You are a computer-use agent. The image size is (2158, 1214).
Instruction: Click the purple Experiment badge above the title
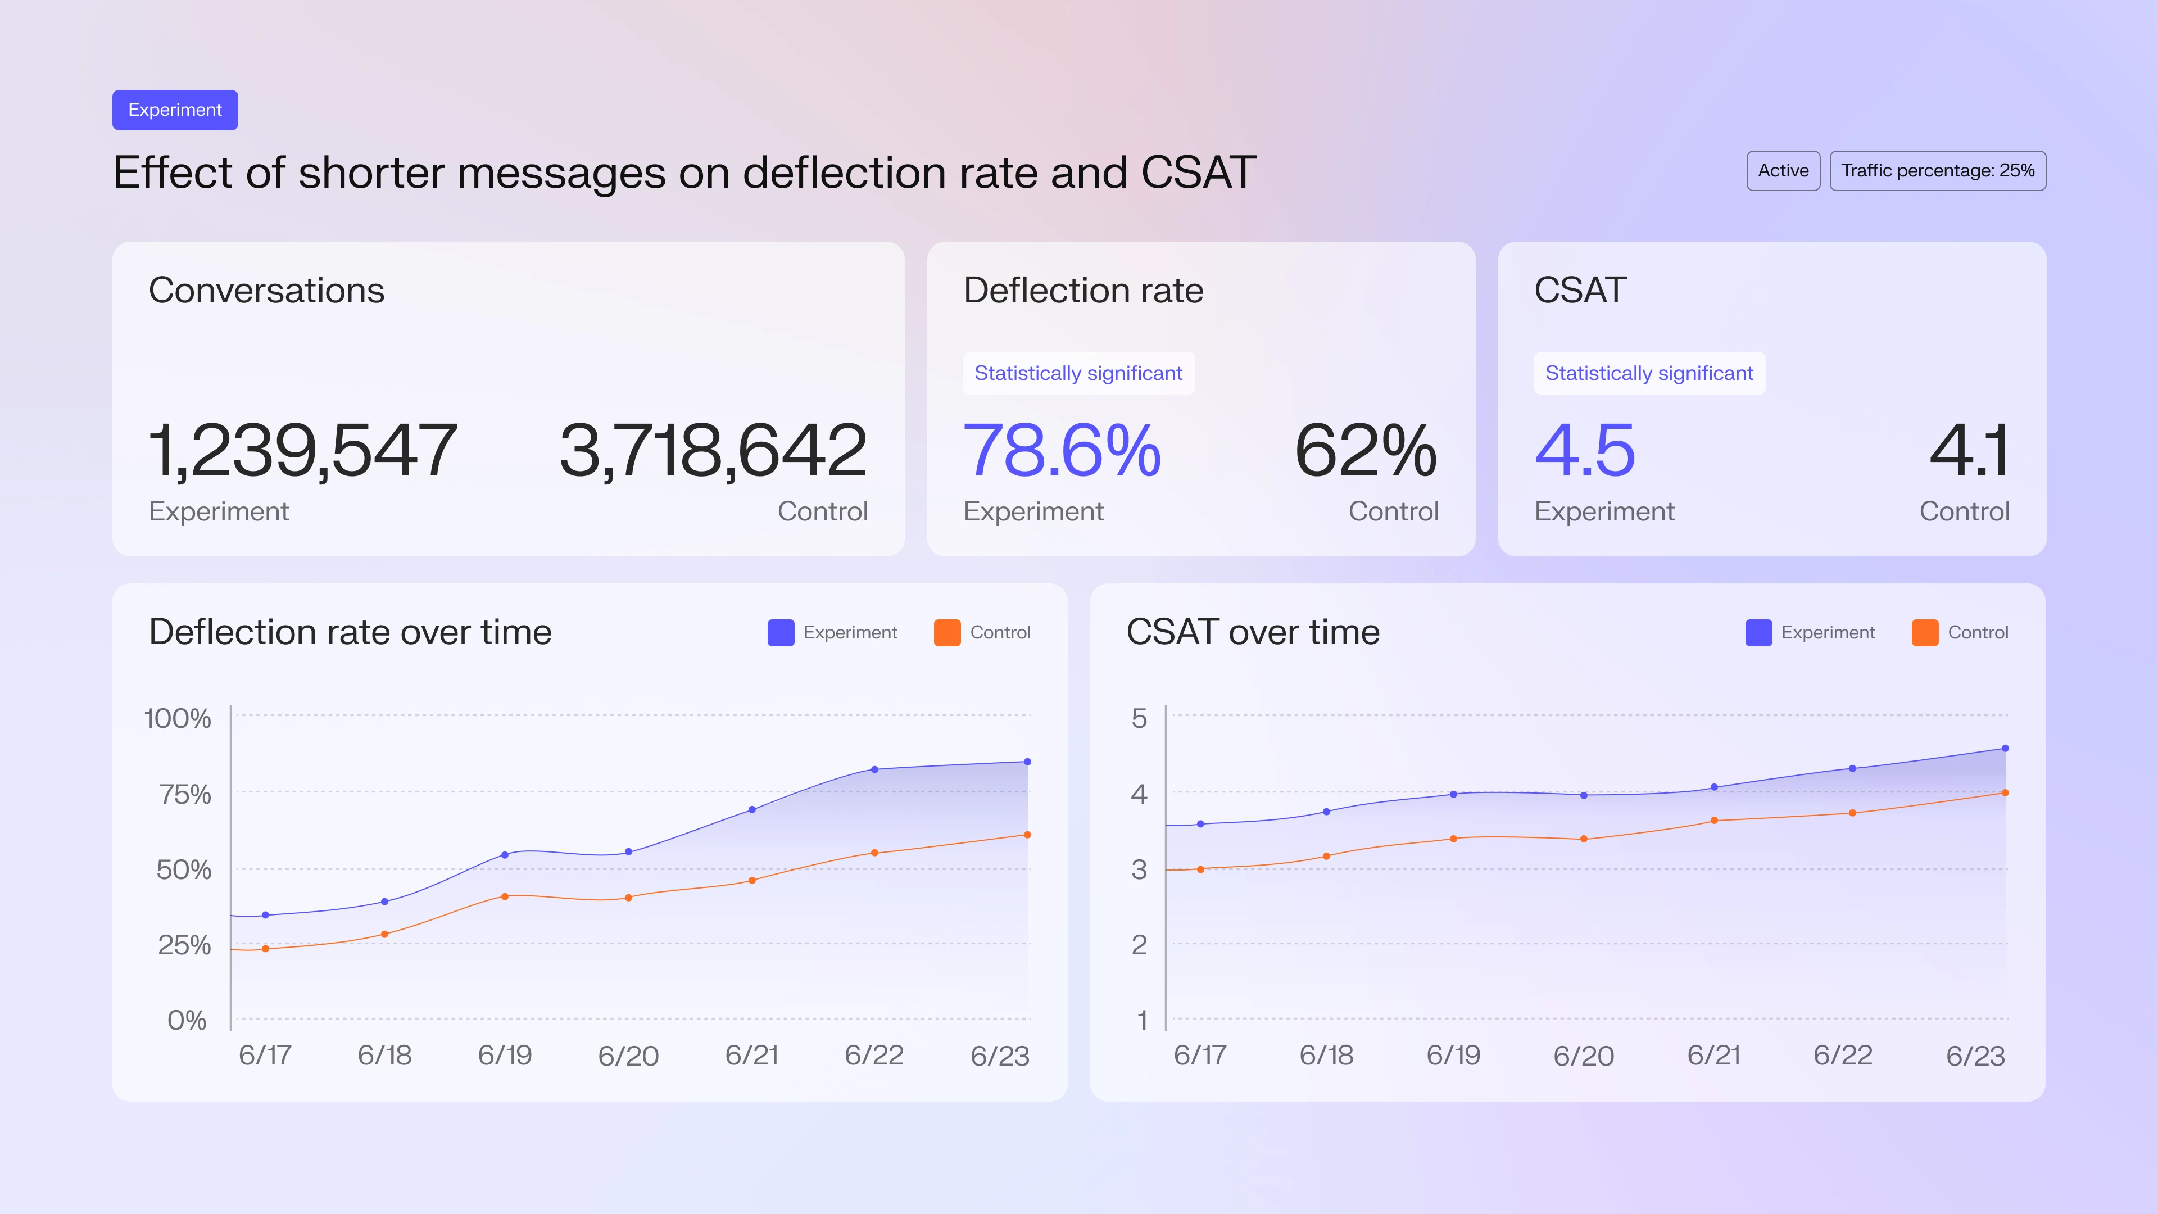(175, 110)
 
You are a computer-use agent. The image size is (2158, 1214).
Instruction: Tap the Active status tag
(1783, 171)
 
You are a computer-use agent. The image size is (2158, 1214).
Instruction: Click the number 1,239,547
(302, 451)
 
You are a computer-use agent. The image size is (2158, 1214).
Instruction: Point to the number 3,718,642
(713, 451)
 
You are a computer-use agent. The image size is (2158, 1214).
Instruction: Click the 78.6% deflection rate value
(1062, 451)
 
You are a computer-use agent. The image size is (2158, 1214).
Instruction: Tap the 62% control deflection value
(1366, 451)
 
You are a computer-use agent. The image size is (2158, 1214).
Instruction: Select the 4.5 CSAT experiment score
(1584, 451)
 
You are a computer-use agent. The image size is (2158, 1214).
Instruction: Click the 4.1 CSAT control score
(1969, 451)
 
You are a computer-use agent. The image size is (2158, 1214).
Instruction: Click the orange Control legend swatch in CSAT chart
(1924, 632)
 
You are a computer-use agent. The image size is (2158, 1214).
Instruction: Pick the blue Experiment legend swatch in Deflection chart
(781, 632)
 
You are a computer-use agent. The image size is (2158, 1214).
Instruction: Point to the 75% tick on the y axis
(185, 794)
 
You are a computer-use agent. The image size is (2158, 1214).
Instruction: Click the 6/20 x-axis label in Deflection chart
(628, 1056)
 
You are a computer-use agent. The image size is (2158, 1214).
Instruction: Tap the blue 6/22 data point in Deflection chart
(874, 769)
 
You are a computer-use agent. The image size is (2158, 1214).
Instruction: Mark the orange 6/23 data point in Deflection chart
(1027, 835)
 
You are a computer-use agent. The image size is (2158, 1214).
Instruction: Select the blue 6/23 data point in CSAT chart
(2005, 748)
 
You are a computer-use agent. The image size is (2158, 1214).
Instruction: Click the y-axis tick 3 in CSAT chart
(1139, 869)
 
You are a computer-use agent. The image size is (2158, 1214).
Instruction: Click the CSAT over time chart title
(1253, 632)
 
